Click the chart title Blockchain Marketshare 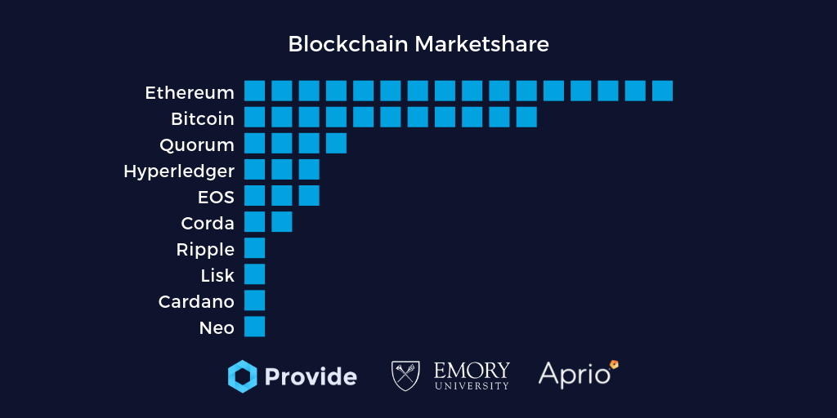418,44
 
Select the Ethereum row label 190,92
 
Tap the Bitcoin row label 203,118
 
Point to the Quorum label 197,145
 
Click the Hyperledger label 179,171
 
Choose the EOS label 216,197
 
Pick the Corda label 208,223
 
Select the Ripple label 205,249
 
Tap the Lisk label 217,275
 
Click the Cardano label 196,301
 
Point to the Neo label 217,327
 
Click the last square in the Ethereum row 662,91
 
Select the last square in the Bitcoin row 526,117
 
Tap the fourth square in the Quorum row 336,143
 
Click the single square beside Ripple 254,247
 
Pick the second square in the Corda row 281,221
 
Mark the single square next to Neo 254,327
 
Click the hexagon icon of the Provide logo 242,376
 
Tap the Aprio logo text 575,375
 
